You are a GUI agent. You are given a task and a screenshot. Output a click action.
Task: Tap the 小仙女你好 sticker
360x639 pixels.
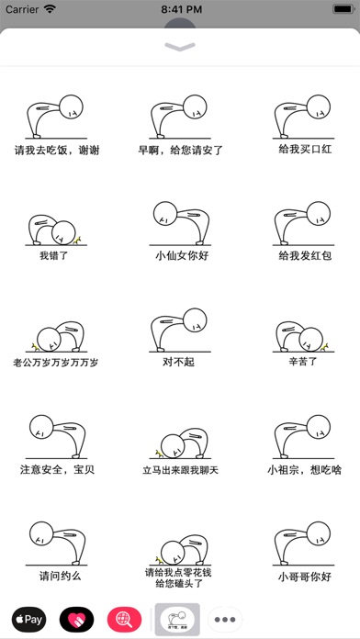pos(180,231)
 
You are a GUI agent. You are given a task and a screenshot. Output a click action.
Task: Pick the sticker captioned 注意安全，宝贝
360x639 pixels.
pos(56,445)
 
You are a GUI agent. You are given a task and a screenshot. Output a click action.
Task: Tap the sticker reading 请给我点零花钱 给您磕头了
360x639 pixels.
pos(180,562)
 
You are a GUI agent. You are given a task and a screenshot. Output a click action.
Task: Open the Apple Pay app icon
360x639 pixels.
pos(29,620)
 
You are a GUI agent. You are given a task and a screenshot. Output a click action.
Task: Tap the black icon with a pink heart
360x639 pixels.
pos(76,620)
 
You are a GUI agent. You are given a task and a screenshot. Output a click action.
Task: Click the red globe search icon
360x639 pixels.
pos(124,620)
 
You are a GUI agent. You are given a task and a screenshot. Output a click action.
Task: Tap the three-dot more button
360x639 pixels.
pos(225,620)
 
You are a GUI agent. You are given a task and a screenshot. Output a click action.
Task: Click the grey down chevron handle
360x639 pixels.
pos(180,47)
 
